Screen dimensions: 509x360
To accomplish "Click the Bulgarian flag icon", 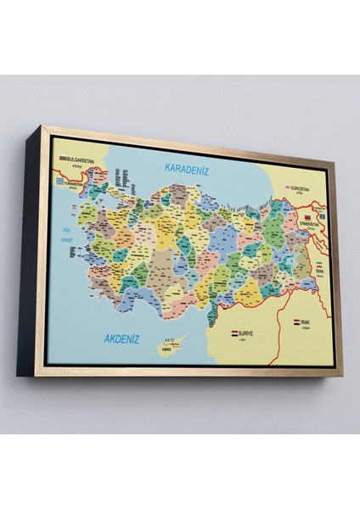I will [x=63, y=158].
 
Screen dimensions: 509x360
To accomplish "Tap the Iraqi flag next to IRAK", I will [x=297, y=322].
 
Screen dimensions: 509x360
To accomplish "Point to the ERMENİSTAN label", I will [x=311, y=226].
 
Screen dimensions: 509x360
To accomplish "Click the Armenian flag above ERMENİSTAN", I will [x=309, y=218].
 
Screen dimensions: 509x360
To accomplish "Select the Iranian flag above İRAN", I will [x=319, y=266].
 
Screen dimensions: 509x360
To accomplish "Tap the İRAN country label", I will [x=319, y=272].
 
